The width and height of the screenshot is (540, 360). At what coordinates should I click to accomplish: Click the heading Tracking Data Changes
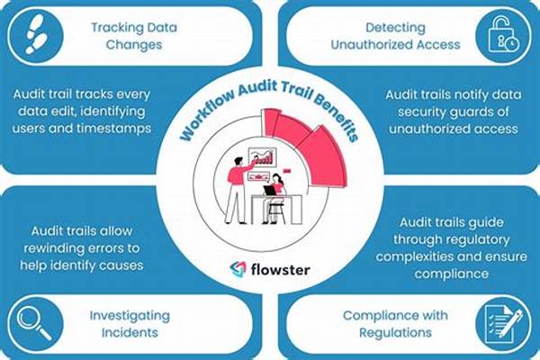131,34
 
